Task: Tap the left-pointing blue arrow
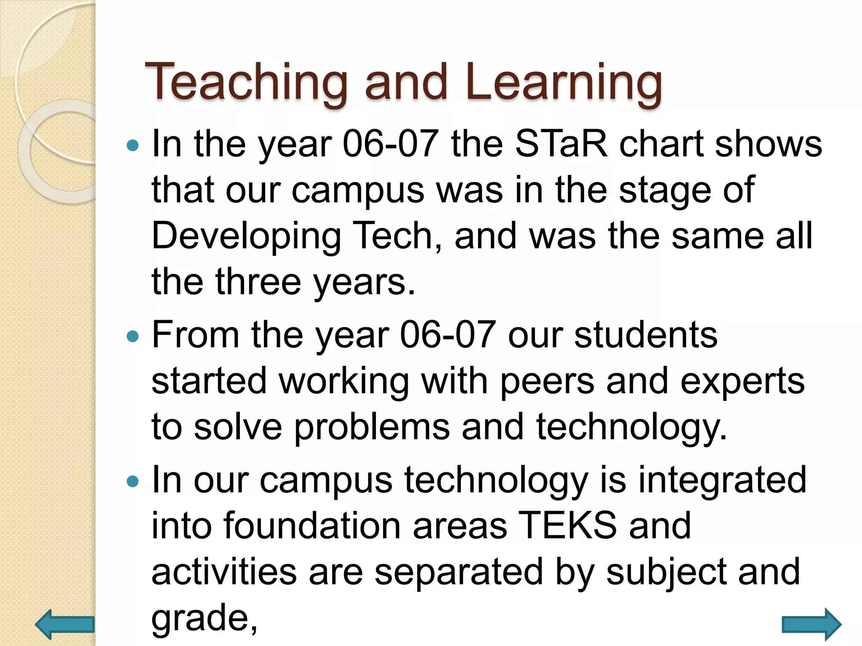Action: click(65, 624)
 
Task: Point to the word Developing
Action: click(246, 236)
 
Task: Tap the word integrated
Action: click(722, 480)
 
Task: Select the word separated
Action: click(458, 572)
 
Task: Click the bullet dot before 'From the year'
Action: click(133, 336)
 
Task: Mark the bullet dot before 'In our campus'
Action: click(133, 481)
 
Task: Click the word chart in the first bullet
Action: click(661, 144)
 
